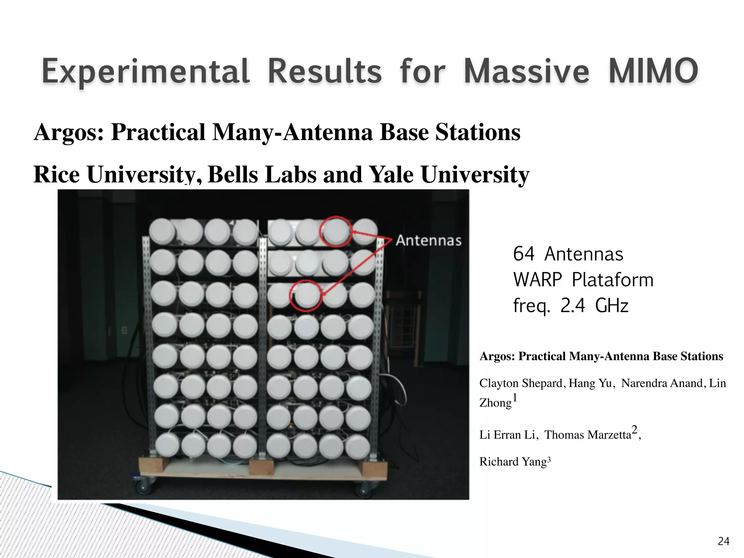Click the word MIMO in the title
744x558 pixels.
[x=653, y=71]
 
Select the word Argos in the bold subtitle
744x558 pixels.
[x=69, y=132]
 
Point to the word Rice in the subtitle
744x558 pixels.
[x=56, y=174]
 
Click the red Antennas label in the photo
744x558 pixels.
[x=429, y=240]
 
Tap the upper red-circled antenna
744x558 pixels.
[x=336, y=231]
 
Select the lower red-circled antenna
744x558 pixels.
[x=306, y=295]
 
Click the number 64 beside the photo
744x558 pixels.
[x=523, y=254]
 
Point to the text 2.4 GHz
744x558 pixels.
[x=594, y=306]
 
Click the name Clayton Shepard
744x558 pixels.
[x=521, y=383]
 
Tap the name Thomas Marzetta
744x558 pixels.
[x=587, y=435]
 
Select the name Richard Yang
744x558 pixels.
[x=513, y=462]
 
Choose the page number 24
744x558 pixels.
[x=723, y=542]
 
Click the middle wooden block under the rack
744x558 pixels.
[x=262, y=467]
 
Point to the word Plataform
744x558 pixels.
[x=612, y=280]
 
